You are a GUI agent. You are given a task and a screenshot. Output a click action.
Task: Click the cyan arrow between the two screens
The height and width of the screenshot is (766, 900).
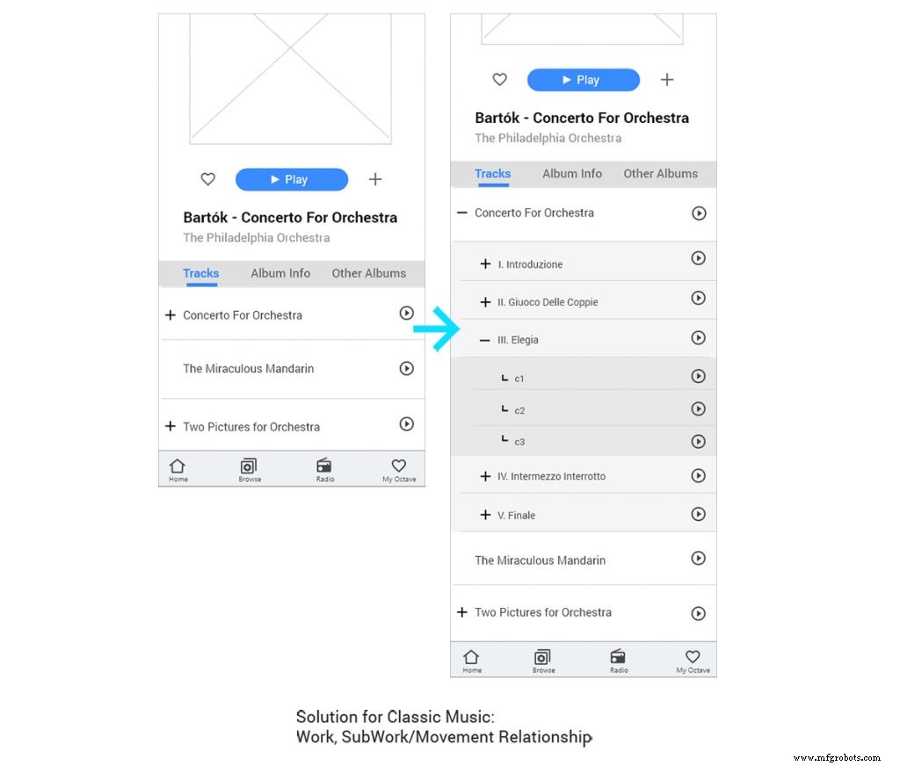pos(437,330)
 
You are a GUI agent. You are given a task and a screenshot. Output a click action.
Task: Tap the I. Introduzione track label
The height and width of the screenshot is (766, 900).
pos(530,264)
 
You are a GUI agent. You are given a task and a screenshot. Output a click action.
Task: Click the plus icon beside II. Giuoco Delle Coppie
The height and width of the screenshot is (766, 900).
pos(485,302)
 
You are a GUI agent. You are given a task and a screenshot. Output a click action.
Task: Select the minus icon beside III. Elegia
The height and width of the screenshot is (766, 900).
pos(485,340)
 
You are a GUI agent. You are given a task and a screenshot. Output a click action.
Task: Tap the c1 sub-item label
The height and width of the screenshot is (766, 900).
pos(519,379)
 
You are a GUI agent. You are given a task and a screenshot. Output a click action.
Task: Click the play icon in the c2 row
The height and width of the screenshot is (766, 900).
pos(698,409)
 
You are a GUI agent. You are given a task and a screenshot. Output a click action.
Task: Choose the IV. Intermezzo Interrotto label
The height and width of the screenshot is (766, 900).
pos(551,477)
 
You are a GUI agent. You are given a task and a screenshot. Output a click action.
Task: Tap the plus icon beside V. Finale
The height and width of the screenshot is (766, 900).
pos(485,515)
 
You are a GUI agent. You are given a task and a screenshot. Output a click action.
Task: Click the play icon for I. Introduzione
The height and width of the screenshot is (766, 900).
pos(698,258)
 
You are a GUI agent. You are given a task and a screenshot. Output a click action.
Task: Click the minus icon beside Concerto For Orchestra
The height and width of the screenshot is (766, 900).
pos(462,213)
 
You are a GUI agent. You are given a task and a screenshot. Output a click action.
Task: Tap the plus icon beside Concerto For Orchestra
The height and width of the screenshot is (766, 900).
pos(171,315)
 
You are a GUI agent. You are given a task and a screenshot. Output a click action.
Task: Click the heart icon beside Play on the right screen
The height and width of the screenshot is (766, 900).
pos(499,80)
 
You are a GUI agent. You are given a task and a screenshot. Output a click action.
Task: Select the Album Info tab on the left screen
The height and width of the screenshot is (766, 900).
pos(280,273)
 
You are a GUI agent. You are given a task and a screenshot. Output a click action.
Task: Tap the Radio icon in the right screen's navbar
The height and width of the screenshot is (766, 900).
pos(619,660)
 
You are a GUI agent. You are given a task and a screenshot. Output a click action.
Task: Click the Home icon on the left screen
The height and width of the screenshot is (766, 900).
pos(178,469)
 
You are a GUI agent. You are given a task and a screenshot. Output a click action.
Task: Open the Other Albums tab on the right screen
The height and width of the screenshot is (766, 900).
pos(660,174)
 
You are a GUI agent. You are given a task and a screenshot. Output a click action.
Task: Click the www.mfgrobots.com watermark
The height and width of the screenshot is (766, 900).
pos(836,757)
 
